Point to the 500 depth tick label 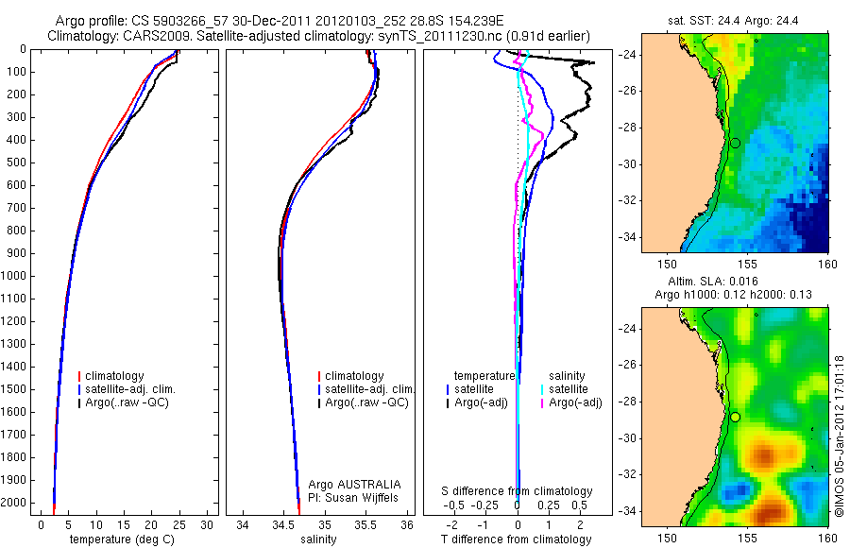point(16,163)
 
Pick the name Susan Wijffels point(360,496)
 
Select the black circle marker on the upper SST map point(735,143)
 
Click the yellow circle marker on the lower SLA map point(735,417)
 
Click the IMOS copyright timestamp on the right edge point(840,436)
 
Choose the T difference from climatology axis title point(516,539)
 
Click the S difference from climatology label point(518,491)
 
